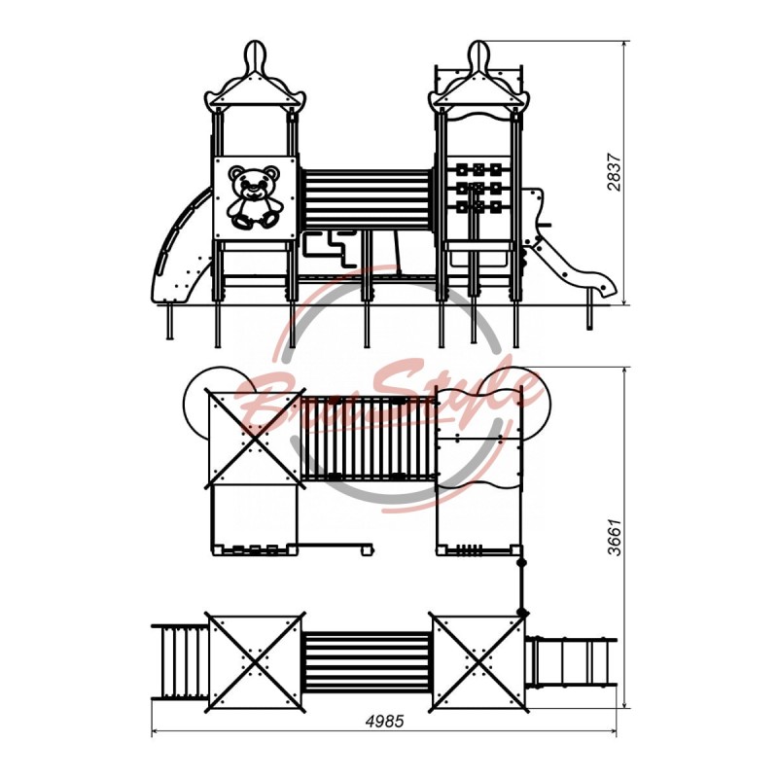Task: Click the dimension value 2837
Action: [614, 172]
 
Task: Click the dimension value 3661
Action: [614, 538]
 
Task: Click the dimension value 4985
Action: [384, 721]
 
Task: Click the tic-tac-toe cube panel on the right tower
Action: [478, 188]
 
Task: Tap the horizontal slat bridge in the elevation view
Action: [368, 199]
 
